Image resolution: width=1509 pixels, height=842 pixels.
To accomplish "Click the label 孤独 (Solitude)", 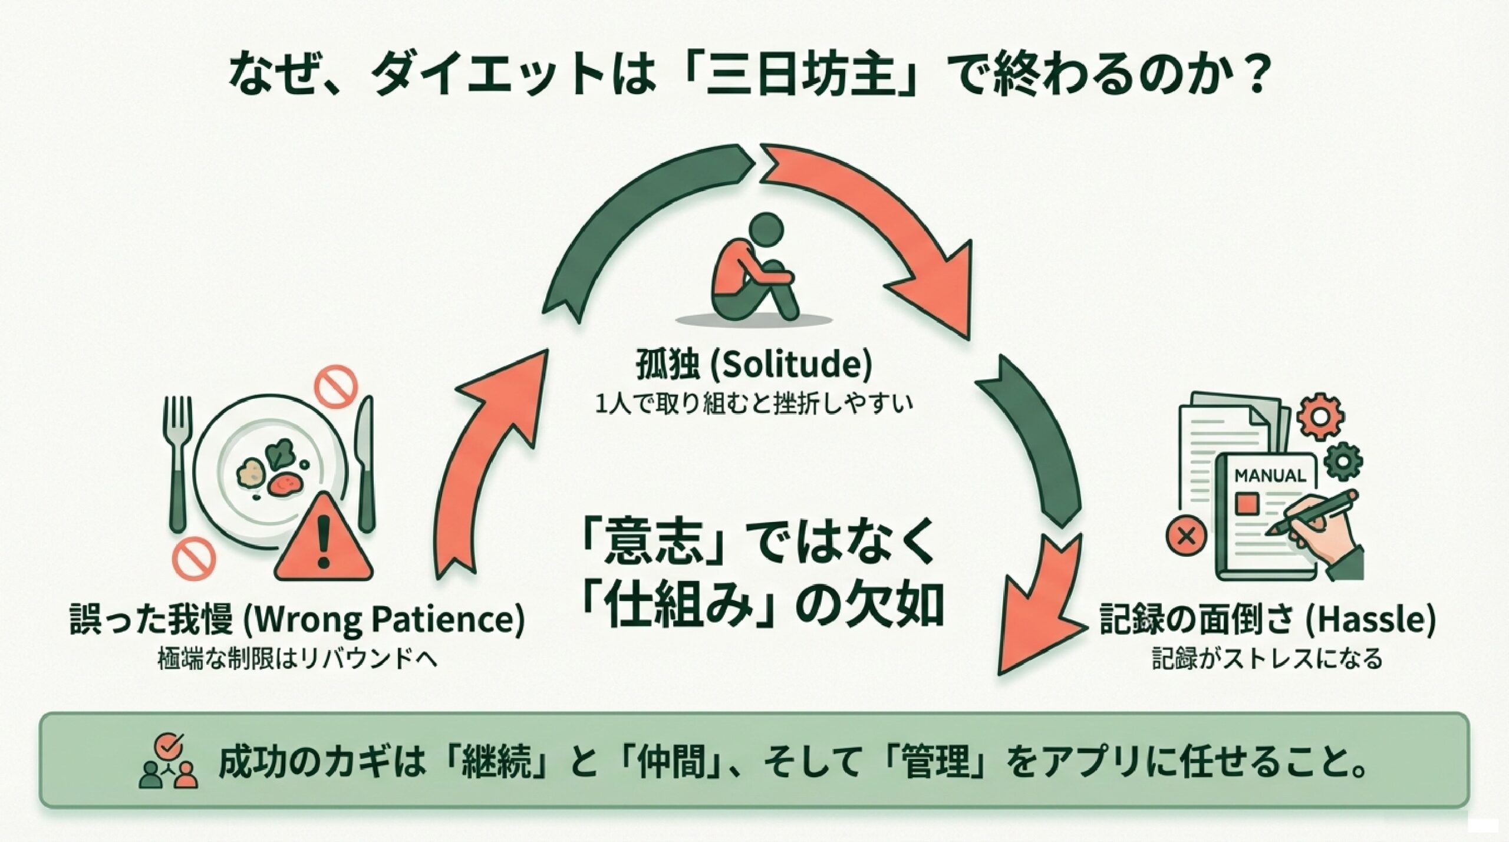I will (754, 366).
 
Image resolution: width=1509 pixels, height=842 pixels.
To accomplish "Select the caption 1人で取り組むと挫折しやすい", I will (754, 405).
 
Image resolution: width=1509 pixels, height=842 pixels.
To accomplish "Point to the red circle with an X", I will (1185, 536).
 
